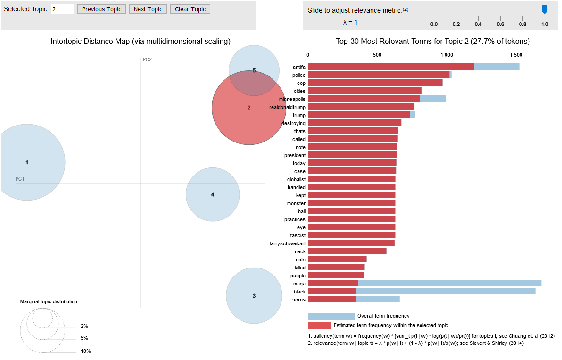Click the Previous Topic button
coord(101,9)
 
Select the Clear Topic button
coord(190,9)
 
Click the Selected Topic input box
coord(63,9)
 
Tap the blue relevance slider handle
coord(545,9)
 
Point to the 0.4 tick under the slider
coord(478,24)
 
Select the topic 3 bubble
coord(254,296)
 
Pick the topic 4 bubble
coord(213,194)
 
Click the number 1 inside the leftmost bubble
coord(27,162)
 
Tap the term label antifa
coord(299,67)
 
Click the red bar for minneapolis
coord(364,99)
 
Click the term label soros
coord(299,300)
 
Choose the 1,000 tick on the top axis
coord(446,55)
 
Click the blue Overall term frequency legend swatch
coord(331,316)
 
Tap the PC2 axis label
coord(147,59)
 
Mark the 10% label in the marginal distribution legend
coord(85,351)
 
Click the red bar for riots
coord(337,260)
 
